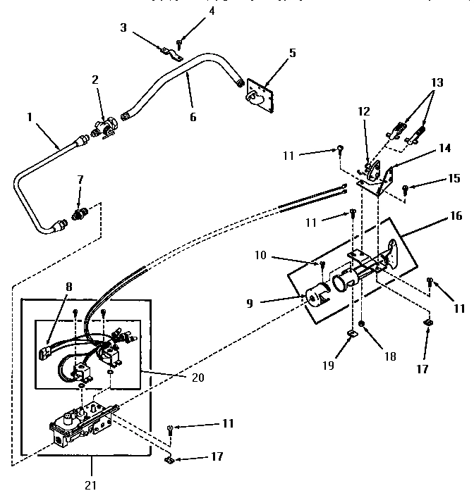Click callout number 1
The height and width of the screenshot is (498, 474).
[30, 118]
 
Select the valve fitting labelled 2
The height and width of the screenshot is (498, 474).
[104, 130]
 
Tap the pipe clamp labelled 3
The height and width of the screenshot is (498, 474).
[168, 51]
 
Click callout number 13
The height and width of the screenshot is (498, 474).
[438, 83]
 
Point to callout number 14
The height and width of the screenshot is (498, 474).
[444, 148]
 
